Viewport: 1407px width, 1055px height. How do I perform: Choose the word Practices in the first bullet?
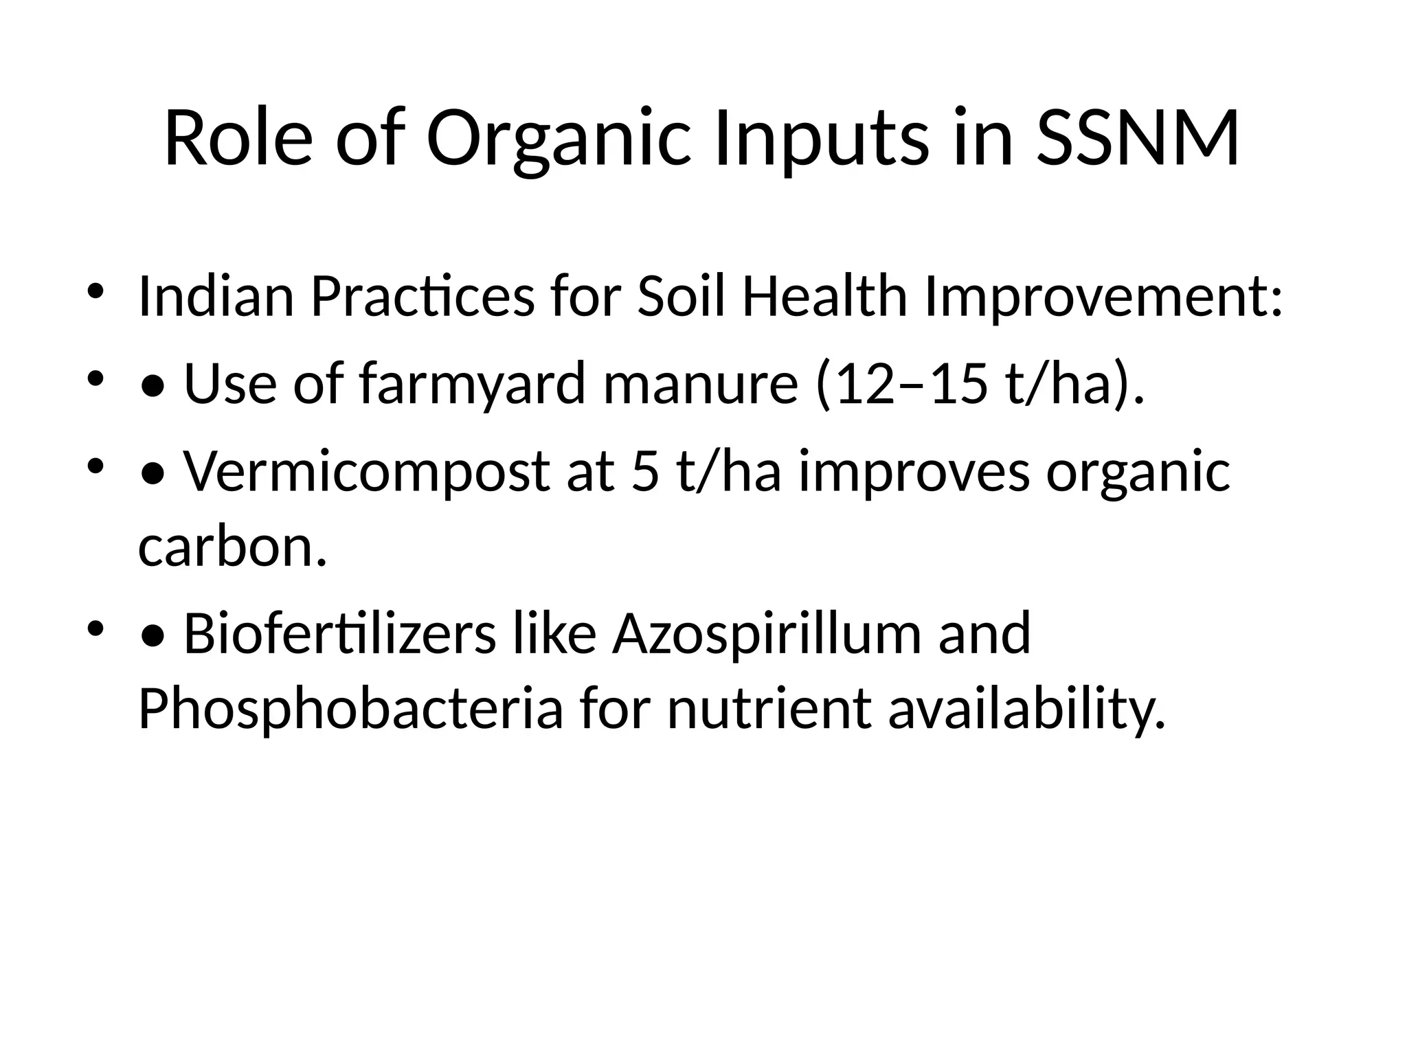tap(422, 296)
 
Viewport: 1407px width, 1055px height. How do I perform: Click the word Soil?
tap(681, 296)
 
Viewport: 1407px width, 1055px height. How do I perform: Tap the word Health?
tap(824, 296)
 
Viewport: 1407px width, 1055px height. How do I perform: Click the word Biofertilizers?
tap(339, 633)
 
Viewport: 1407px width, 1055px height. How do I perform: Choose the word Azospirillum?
tap(766, 633)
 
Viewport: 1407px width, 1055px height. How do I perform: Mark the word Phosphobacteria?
tap(350, 709)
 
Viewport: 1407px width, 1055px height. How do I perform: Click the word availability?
tap(1027, 709)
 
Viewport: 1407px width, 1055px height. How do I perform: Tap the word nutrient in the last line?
tap(769, 709)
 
